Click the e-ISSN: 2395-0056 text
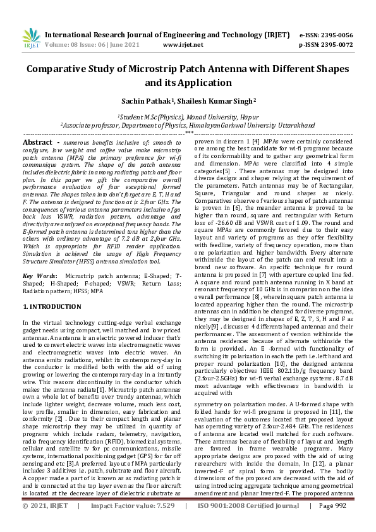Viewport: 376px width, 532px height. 325,35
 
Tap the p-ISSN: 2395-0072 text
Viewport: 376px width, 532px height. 325,45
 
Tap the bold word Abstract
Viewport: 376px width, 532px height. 37,143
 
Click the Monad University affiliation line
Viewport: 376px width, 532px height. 188,117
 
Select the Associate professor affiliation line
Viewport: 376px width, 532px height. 188,125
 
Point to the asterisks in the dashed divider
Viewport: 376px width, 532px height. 188,133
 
